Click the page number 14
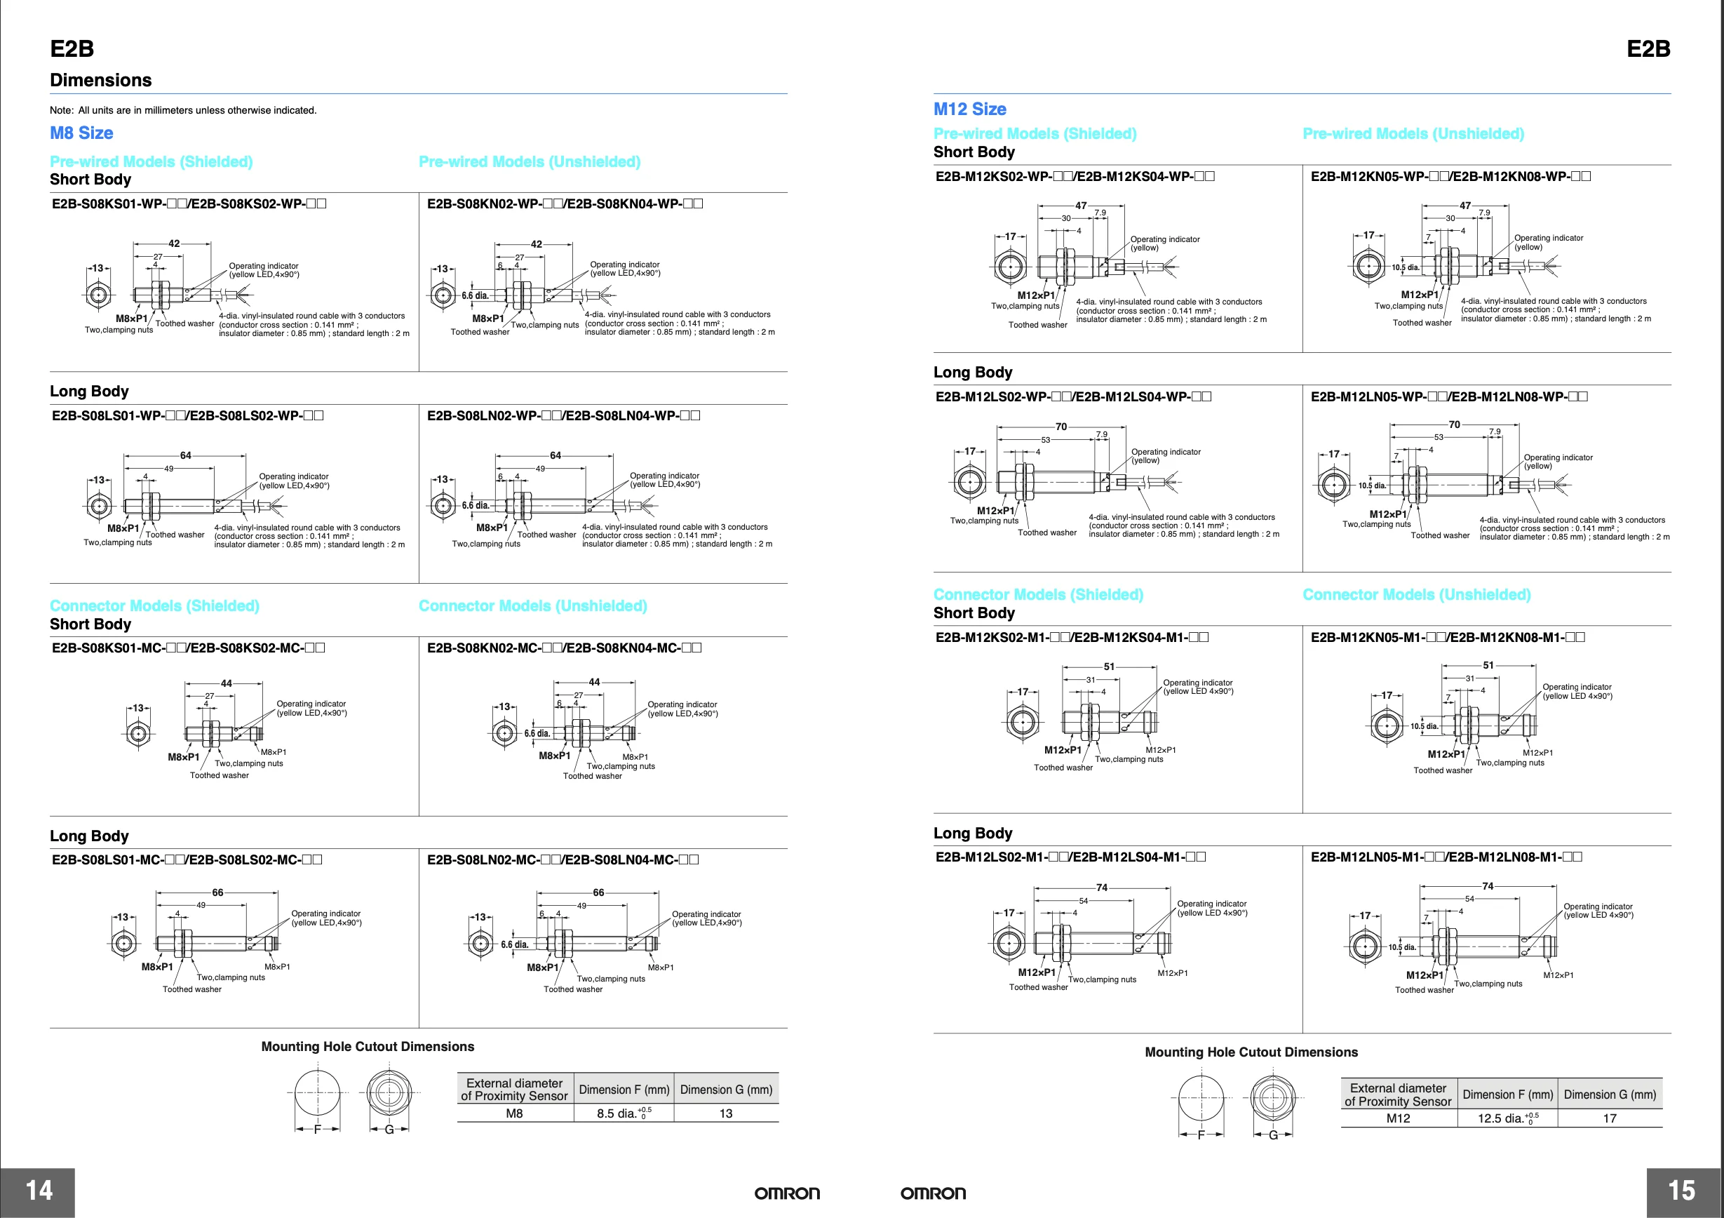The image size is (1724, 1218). tap(39, 1190)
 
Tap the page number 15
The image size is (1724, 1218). tap(1682, 1190)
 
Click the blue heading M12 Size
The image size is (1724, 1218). tap(969, 109)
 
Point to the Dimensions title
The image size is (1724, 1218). tap(100, 81)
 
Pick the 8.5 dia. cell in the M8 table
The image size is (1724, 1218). tap(624, 1113)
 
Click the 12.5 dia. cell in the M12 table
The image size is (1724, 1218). tap(1507, 1118)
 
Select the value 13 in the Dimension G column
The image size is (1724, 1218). tap(725, 1113)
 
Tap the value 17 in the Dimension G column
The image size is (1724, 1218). tap(1609, 1118)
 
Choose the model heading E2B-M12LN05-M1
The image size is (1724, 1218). tap(1446, 857)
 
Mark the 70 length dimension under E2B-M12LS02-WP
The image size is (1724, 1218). tap(1061, 427)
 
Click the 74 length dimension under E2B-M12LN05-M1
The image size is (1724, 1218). tap(1488, 886)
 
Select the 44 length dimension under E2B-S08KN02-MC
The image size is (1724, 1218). tap(594, 682)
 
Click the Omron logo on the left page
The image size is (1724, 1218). tap(787, 1193)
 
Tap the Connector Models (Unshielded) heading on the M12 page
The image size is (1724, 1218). tap(1416, 595)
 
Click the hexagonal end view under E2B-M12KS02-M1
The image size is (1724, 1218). tap(1022, 723)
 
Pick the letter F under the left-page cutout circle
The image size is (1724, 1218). tap(317, 1130)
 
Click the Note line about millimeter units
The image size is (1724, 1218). tap(183, 110)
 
